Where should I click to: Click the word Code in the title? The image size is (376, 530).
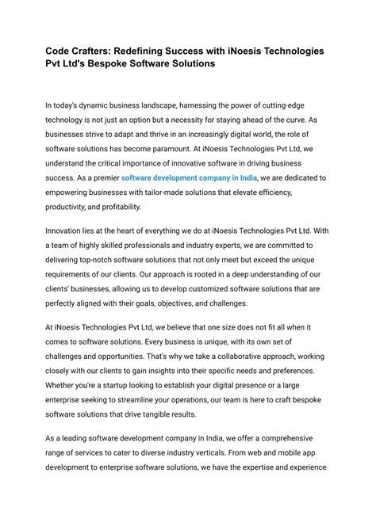point(58,50)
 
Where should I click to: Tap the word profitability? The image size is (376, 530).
point(118,208)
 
